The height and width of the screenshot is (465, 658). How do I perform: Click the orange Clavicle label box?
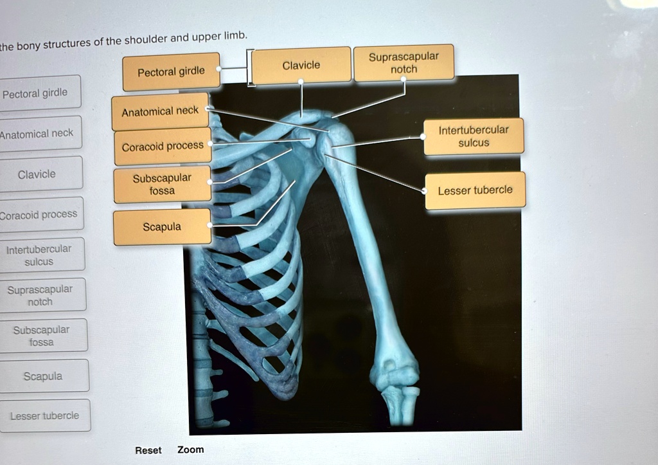coord(301,65)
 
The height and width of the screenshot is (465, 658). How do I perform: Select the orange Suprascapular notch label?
coord(404,63)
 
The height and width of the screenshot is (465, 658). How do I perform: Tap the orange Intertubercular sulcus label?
coord(474,136)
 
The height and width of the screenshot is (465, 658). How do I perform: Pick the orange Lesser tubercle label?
coord(475,190)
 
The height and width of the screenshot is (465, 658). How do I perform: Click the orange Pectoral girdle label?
coord(171,71)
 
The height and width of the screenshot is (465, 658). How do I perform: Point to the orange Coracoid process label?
coord(163,147)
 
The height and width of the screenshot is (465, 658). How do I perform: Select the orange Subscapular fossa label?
coord(162,185)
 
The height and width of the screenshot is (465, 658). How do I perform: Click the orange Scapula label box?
coord(162,227)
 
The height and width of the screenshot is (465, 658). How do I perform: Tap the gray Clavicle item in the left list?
coord(37,174)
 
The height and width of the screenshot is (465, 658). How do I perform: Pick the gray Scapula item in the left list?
coord(43,376)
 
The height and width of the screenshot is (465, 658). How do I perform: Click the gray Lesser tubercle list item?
coord(44,416)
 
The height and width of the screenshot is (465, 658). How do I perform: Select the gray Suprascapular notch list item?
coord(40,295)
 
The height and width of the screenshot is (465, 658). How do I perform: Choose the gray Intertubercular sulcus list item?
coord(39,255)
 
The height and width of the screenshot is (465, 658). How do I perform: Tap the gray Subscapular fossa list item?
coord(41,336)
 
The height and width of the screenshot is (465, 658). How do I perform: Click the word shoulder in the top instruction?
coord(146,40)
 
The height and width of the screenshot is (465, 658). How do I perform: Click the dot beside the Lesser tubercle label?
coord(424,191)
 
